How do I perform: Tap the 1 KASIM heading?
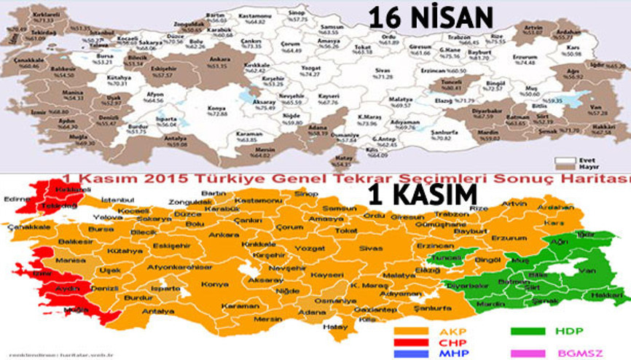point(430,194)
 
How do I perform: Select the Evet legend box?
point(561,158)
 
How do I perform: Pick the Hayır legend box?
point(561,165)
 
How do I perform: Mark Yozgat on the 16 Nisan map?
point(290,70)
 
